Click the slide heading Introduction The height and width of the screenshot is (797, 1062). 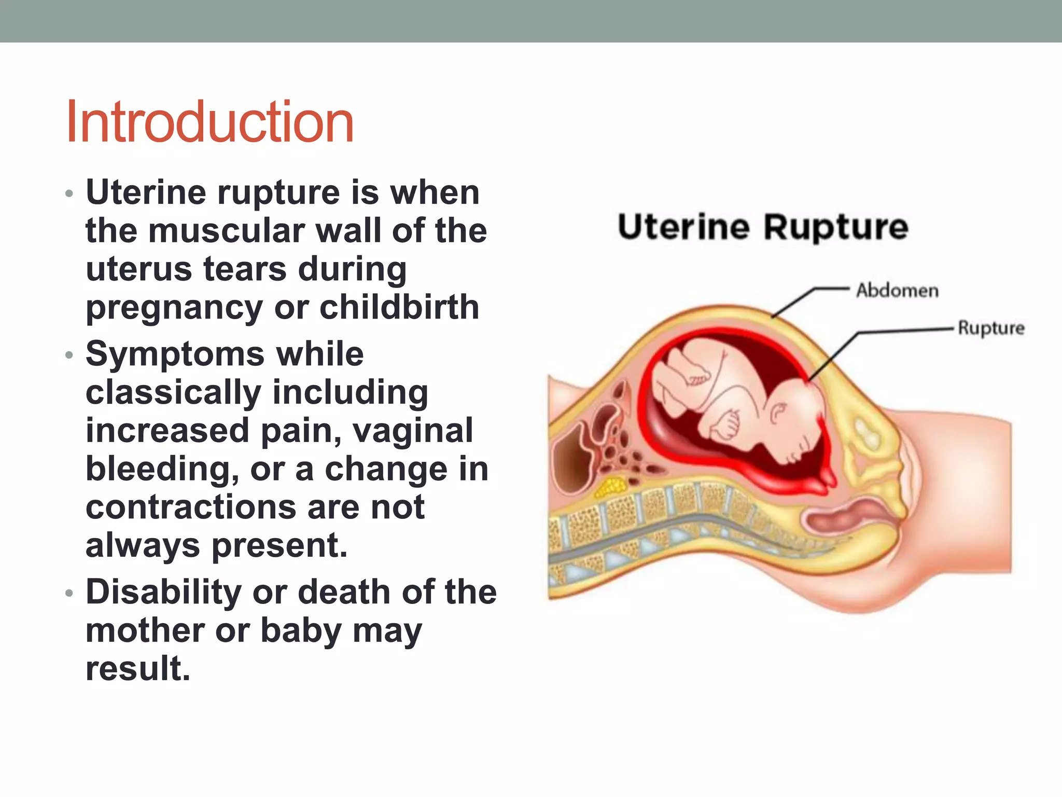click(x=210, y=122)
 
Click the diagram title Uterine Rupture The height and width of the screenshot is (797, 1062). click(x=763, y=228)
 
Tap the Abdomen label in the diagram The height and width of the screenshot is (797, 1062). click(x=897, y=291)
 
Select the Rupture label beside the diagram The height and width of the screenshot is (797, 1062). click(x=991, y=328)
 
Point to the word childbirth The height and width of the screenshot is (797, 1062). click(x=399, y=307)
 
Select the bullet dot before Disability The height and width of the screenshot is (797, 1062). click(x=69, y=593)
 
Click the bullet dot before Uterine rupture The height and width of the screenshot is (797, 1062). click(x=69, y=194)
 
